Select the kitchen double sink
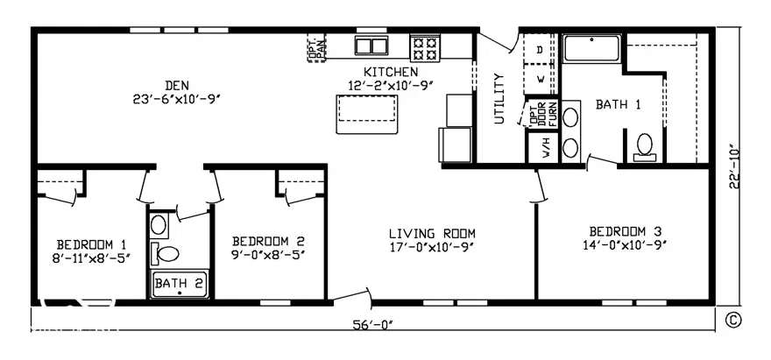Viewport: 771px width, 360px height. point(372,46)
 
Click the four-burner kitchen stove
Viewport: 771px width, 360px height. point(427,46)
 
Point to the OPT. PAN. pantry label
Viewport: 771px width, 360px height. point(316,49)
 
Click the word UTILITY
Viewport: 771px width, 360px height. point(500,98)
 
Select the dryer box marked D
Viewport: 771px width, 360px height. point(539,50)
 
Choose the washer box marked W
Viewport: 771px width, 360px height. point(539,78)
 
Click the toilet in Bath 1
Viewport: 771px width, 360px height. point(646,145)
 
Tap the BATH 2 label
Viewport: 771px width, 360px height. point(179,283)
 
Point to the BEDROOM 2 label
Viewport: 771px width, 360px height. point(268,242)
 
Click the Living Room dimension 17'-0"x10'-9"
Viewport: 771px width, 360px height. point(432,248)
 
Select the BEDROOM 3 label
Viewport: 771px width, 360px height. point(625,231)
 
